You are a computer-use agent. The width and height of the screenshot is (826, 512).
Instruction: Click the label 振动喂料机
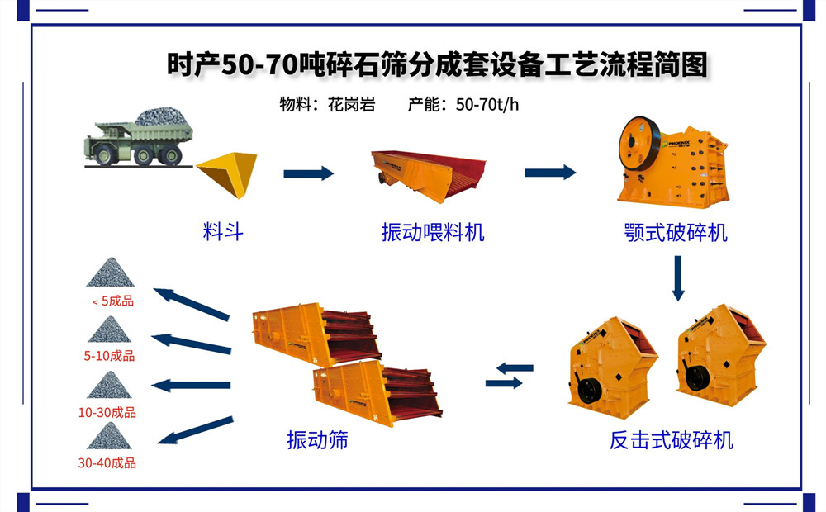point(433,232)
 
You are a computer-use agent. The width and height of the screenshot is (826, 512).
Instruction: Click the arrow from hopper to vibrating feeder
point(308,173)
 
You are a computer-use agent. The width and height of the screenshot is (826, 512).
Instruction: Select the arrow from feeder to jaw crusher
point(550,172)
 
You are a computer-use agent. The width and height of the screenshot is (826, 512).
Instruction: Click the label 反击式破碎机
point(671,440)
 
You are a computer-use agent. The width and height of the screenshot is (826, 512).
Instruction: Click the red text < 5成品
point(113,301)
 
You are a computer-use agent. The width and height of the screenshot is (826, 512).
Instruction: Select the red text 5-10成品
point(109,357)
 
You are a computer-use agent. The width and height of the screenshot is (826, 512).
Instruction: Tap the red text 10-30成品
point(108,412)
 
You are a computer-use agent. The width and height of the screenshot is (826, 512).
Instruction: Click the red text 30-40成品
point(107,463)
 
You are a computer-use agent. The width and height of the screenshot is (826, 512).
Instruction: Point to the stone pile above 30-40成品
point(109,436)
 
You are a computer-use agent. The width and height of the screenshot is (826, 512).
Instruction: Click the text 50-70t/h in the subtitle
point(487,105)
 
